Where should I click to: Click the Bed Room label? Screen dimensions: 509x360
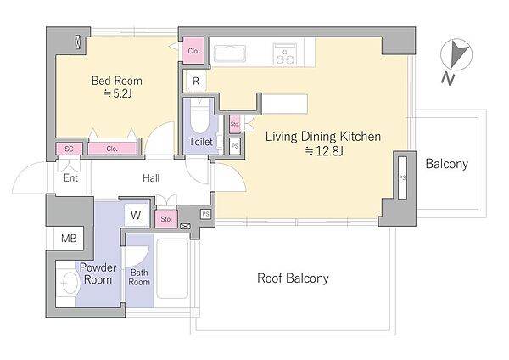(117, 81)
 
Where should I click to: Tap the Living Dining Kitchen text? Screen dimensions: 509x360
(323, 137)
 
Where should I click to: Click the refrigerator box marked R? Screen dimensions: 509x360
(195, 81)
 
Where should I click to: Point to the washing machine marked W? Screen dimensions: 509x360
(137, 215)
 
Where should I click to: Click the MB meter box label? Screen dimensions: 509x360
(69, 239)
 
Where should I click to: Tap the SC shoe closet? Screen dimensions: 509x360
(69, 149)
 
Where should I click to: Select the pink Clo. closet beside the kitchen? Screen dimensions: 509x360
(193, 51)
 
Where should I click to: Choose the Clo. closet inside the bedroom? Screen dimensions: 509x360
(112, 149)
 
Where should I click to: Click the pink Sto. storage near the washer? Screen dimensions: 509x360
(166, 219)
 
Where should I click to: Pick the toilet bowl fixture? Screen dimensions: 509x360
(199, 116)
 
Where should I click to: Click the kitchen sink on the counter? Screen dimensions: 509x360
(230, 53)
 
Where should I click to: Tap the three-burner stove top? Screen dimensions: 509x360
(285, 54)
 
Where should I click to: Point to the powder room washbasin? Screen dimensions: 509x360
(70, 283)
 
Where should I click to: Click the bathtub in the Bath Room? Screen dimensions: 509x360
(172, 268)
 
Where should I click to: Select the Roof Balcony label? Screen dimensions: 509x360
(293, 278)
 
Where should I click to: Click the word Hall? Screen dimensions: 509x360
(151, 178)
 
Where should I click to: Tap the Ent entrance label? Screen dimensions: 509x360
(70, 178)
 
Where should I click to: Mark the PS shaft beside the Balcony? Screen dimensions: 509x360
(402, 177)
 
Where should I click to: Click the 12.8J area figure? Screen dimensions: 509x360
(324, 151)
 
